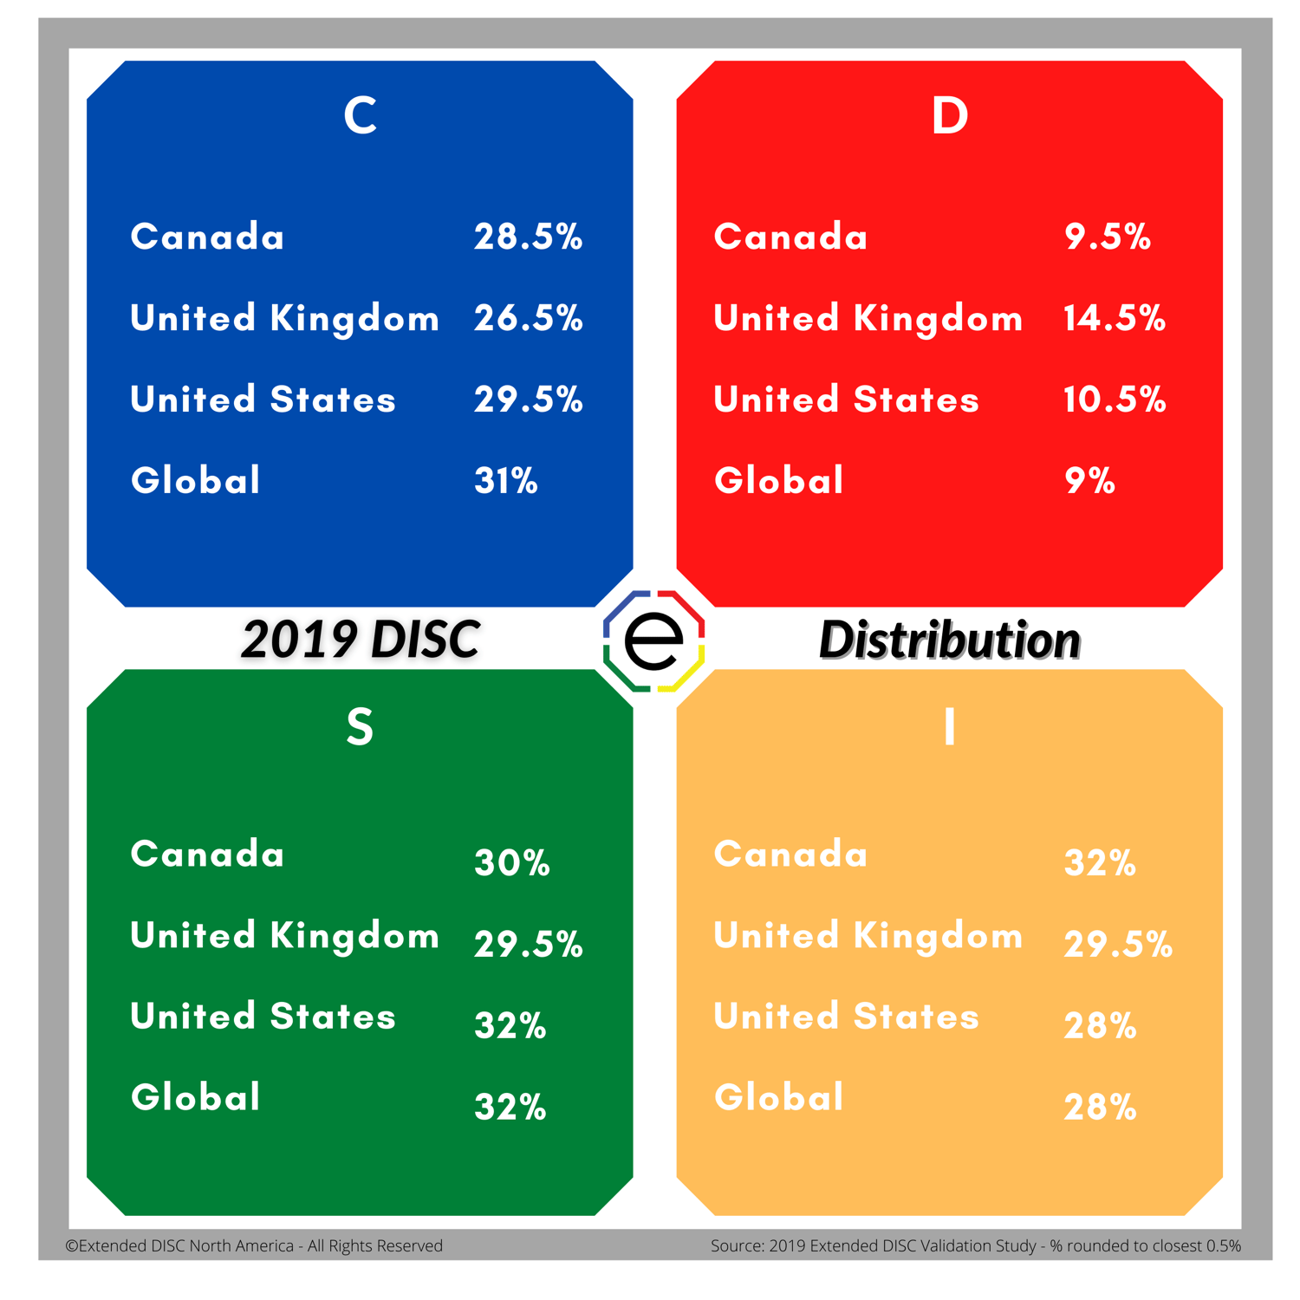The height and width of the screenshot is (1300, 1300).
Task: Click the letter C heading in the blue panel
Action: point(360,115)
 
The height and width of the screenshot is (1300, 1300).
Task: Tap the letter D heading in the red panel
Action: point(949,115)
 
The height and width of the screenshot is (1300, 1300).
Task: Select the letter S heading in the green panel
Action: point(360,726)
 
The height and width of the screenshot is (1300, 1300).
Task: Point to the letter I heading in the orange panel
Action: point(949,726)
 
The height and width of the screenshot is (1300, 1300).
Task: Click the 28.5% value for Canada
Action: point(528,237)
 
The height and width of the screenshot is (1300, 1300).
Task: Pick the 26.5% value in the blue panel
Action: point(528,318)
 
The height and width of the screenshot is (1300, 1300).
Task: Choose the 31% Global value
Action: point(506,481)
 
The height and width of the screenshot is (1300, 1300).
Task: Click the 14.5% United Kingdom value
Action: point(1115,318)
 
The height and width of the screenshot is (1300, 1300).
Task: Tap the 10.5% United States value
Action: point(1115,400)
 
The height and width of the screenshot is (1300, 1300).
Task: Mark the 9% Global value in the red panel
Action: point(1089,481)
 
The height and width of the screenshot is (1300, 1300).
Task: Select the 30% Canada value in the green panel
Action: point(512,863)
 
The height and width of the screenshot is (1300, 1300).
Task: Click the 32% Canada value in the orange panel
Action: point(1100,863)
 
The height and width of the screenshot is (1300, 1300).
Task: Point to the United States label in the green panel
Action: point(263,1017)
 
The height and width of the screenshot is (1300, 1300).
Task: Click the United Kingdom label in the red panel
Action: point(868,318)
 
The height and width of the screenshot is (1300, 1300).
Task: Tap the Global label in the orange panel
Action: point(778,1098)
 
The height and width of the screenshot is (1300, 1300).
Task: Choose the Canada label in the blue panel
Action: point(207,237)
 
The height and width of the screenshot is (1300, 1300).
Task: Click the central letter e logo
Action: point(653,641)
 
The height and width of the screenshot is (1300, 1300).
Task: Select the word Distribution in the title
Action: point(949,640)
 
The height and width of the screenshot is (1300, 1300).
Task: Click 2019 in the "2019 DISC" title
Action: point(299,640)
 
